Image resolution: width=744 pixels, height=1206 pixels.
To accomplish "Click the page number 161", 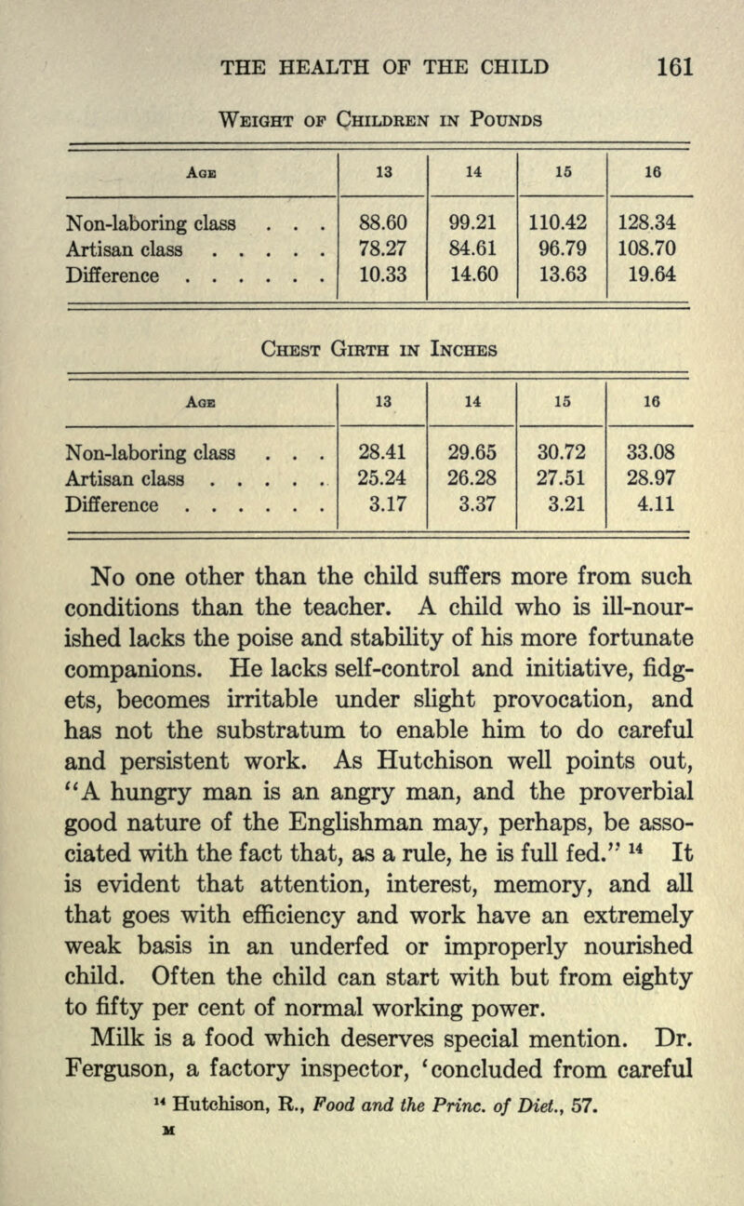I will (x=674, y=68).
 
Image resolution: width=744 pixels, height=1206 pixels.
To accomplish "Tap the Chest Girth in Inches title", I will (x=372, y=351).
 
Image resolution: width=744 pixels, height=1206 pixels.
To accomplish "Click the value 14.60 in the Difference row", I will (x=471, y=276).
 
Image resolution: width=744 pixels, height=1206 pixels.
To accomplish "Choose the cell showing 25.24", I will (x=381, y=481).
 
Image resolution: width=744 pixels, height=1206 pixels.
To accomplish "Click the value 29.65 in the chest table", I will (x=471, y=455).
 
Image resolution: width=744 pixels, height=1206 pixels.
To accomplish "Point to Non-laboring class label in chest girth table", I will (x=139, y=455).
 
